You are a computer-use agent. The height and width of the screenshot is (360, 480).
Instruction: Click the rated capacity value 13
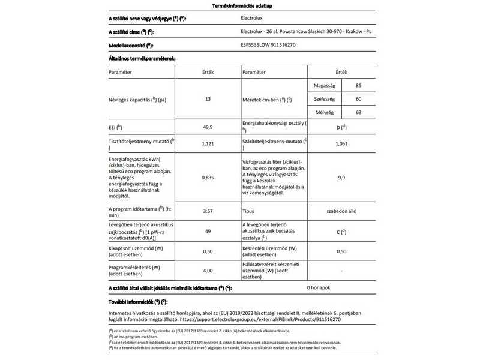pos(208,99)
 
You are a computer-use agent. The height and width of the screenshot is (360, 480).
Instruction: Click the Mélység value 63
pos(358,112)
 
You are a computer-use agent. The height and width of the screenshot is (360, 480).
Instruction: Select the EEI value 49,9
pos(208,128)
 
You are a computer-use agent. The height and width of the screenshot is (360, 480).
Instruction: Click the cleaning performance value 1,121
pos(208,144)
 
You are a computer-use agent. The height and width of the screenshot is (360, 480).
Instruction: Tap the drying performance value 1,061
pos(341,144)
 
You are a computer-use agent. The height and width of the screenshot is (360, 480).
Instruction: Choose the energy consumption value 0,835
pos(208,178)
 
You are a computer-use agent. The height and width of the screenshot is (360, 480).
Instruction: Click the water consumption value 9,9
pos(341,178)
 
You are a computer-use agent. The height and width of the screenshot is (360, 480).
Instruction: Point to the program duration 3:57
pos(208,212)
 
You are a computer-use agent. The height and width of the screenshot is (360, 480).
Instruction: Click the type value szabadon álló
pos(341,212)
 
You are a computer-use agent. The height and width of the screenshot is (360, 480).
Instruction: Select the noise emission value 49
pos(208,231)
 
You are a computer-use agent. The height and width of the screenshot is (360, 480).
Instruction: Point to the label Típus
pos(251,212)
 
